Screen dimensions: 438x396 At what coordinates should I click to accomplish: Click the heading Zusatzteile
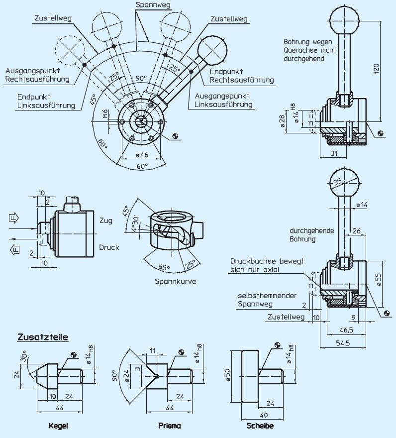pos(43,337)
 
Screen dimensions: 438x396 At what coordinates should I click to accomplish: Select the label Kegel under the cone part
pos(58,426)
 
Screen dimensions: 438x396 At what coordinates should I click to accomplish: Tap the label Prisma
pos(169,426)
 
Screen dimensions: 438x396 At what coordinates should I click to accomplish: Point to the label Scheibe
pos(260,426)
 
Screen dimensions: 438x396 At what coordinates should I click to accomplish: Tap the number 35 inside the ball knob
pos(338,182)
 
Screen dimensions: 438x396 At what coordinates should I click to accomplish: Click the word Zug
pos(105,220)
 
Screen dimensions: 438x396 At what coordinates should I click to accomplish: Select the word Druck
pos(109,247)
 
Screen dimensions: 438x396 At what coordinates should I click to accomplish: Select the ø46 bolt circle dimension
pos(142,155)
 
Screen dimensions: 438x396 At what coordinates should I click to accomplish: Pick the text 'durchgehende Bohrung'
pos(312,235)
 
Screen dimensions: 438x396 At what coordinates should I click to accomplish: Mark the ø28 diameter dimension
pos(283,121)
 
